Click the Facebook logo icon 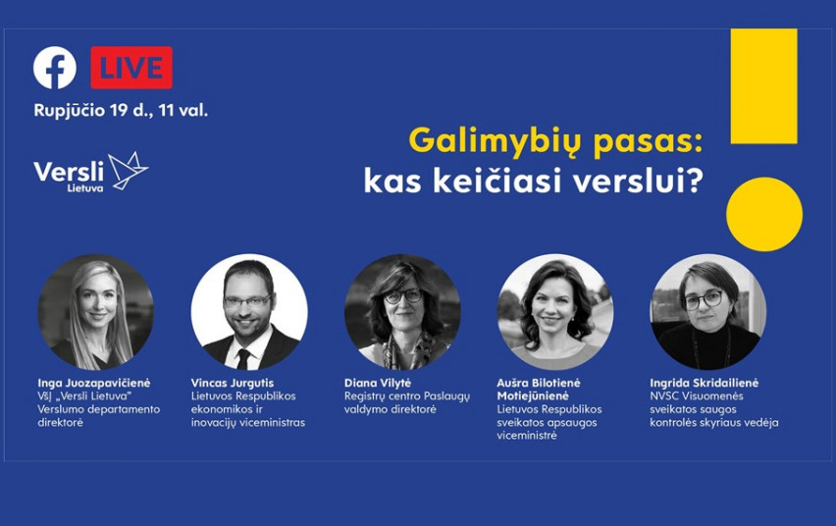(55, 68)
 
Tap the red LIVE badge (131, 68)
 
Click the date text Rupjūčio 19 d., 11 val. (121, 111)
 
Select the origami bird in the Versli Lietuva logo (128, 170)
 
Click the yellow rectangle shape (763, 86)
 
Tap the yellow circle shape (764, 214)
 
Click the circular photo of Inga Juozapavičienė (96, 312)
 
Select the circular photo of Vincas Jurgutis (249, 312)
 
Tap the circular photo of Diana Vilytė (402, 312)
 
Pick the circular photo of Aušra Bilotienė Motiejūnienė (555, 312)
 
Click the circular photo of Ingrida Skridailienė (708, 312)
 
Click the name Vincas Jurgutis (233, 383)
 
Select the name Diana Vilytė (378, 383)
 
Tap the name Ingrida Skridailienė (704, 383)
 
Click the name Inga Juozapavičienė (94, 383)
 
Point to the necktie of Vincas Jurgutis (243, 359)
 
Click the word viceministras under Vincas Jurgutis (272, 423)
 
